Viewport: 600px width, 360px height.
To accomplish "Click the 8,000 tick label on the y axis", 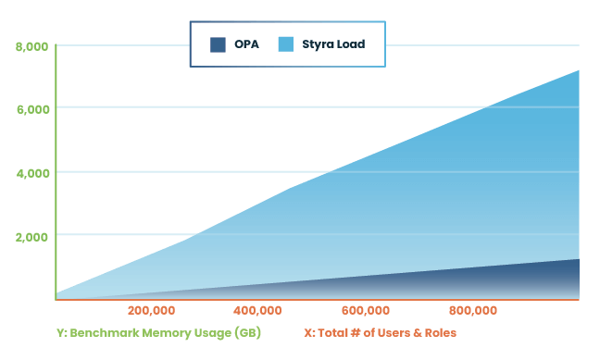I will coord(32,45).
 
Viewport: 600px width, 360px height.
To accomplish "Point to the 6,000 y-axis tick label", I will coord(32,108).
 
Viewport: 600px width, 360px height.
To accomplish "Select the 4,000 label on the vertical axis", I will coord(32,172).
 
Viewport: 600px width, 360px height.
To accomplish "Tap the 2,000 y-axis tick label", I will coord(32,236).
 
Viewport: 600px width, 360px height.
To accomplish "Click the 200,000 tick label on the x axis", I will coord(152,310).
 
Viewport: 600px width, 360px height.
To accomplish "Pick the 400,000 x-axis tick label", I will coord(259,310).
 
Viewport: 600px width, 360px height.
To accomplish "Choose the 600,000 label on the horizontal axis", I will coord(366,310).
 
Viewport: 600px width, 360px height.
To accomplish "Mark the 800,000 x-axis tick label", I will coord(473,310).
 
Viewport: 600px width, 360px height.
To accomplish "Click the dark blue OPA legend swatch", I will coord(219,43).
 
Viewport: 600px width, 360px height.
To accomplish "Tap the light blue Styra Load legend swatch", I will coord(286,43).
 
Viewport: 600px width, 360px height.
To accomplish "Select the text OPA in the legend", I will coord(246,43).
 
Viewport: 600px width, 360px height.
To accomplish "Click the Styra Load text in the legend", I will coord(333,43).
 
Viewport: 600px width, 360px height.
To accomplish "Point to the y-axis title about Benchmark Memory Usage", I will coord(158,332).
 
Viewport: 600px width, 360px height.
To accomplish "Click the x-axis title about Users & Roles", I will coord(381,332).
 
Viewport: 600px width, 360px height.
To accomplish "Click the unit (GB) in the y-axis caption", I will coord(247,332).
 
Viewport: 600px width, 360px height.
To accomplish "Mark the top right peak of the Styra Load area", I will coord(579,71).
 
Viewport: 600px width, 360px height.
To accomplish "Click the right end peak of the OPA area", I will coord(579,260).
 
